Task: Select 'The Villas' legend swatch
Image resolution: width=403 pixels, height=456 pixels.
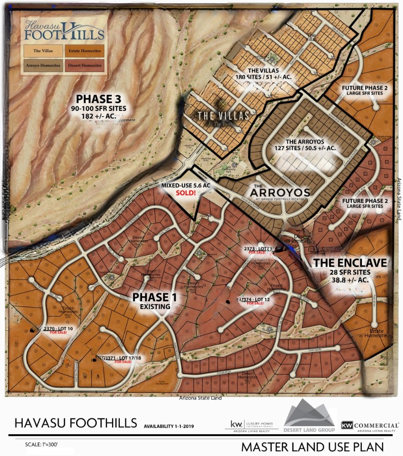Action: (x=43, y=49)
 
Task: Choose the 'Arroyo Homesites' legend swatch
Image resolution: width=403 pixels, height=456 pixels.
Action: (x=43, y=65)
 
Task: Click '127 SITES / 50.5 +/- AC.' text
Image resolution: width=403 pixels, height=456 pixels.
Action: (x=311, y=148)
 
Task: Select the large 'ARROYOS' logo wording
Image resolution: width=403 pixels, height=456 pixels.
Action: (x=281, y=192)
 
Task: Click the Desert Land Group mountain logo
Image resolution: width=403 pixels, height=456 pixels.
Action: (x=309, y=415)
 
